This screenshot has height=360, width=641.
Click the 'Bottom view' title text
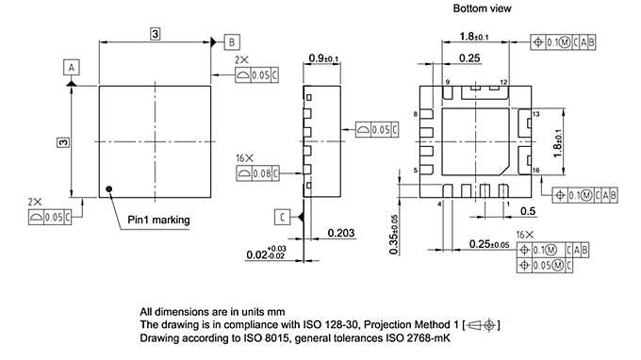pyautogui.click(x=483, y=8)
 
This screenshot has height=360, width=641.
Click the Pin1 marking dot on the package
pyautogui.click(x=110, y=188)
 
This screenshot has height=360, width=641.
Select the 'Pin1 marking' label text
pyautogui.click(x=159, y=220)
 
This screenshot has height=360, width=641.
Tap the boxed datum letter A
pyautogui.click(x=72, y=66)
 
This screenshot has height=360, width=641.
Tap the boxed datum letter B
pyautogui.click(x=232, y=41)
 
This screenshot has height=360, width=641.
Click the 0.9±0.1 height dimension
pyautogui.click(x=324, y=58)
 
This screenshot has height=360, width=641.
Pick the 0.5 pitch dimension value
pyautogui.click(x=528, y=210)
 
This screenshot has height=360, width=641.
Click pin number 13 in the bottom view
pyautogui.click(x=534, y=114)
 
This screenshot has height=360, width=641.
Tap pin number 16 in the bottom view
pyautogui.click(x=534, y=171)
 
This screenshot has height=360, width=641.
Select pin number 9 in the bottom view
pyautogui.click(x=448, y=83)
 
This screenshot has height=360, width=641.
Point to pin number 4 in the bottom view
pyautogui.click(x=440, y=203)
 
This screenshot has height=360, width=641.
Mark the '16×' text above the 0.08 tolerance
pyautogui.click(x=243, y=158)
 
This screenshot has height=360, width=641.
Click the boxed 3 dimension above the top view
pyautogui.click(x=155, y=34)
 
